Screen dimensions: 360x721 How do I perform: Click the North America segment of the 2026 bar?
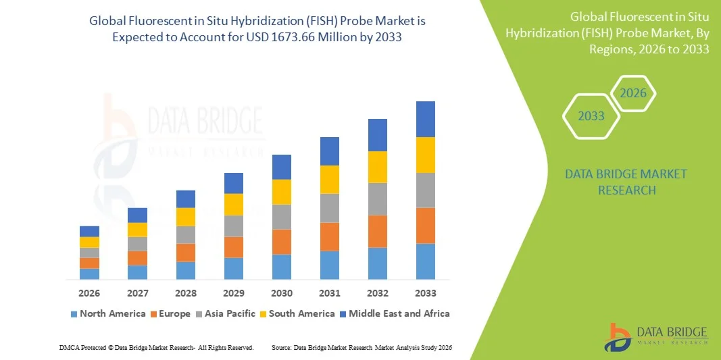coord(89,274)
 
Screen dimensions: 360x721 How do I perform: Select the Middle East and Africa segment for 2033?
coord(425,119)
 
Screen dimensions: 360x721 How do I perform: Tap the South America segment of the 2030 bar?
coord(282,192)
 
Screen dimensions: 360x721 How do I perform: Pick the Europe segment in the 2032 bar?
coord(378,231)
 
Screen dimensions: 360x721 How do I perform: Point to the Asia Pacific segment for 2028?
coord(186,234)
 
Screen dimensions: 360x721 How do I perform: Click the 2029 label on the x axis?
coord(234,293)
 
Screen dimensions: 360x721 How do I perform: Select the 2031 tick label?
coord(330,293)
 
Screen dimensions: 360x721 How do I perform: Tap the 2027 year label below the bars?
coord(137,293)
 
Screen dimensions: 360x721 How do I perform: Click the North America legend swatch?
coord(74,314)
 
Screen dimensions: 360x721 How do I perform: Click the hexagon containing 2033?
coord(591,116)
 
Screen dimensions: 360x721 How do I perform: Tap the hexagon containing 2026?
coord(633,93)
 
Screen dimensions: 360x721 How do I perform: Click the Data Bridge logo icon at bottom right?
coord(617,336)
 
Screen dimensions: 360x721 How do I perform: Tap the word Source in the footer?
coord(281,347)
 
